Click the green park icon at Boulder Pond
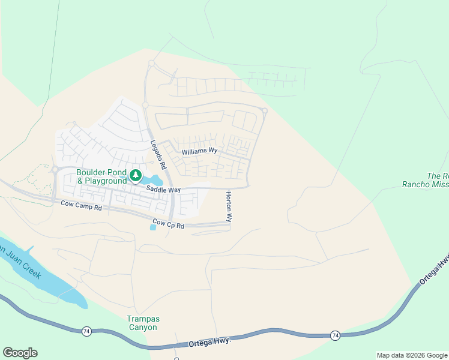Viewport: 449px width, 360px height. pyautogui.click(x=136, y=176)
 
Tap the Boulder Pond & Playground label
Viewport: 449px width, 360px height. pyautogui.click(x=101, y=176)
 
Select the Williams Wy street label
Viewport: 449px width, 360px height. pyautogui.click(x=200, y=151)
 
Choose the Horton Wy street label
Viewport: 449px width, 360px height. pyautogui.click(x=229, y=206)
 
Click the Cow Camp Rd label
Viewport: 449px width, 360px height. pyautogui.click(x=82, y=205)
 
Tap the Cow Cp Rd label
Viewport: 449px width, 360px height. pyautogui.click(x=168, y=224)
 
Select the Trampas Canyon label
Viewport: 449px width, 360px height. pyautogui.click(x=142, y=323)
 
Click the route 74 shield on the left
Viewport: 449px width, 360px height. pyautogui.click(x=87, y=331)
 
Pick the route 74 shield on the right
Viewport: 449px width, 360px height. pyautogui.click(x=335, y=336)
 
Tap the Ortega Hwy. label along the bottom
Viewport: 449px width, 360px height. pyautogui.click(x=209, y=342)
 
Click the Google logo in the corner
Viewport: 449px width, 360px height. pyautogui.click(x=20, y=353)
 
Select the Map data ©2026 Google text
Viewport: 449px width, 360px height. pyautogui.click(x=412, y=355)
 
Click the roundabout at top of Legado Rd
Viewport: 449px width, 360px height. pyautogui.click(x=151, y=63)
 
